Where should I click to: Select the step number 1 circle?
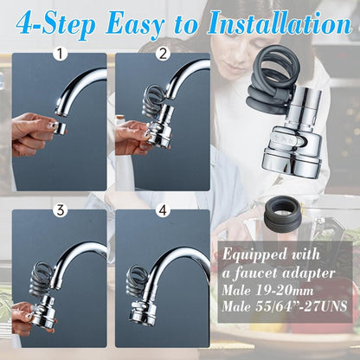coord(60,55)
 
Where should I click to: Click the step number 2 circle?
coord(164,55)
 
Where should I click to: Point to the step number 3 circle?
coord(60,210)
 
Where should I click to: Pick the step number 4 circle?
coord(164,210)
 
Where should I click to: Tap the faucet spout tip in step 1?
coord(63,105)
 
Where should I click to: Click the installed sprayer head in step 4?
coord(144,308)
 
